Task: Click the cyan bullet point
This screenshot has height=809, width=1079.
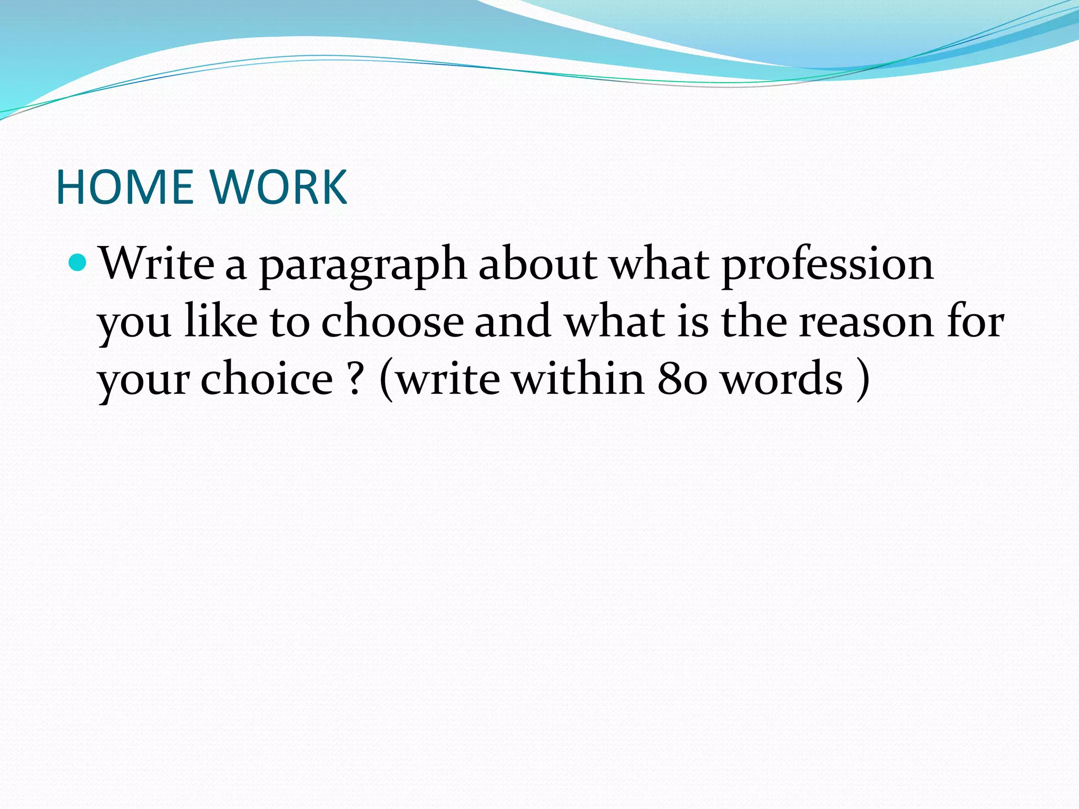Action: coord(77,262)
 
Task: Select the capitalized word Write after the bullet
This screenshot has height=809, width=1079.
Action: coord(157,263)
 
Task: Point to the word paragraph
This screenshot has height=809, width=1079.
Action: coord(363,266)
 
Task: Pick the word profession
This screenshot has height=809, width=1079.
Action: coord(827,266)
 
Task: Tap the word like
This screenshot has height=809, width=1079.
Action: coord(221,321)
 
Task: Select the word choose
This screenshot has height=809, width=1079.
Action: coord(393,321)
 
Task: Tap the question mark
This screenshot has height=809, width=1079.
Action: coord(356,379)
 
